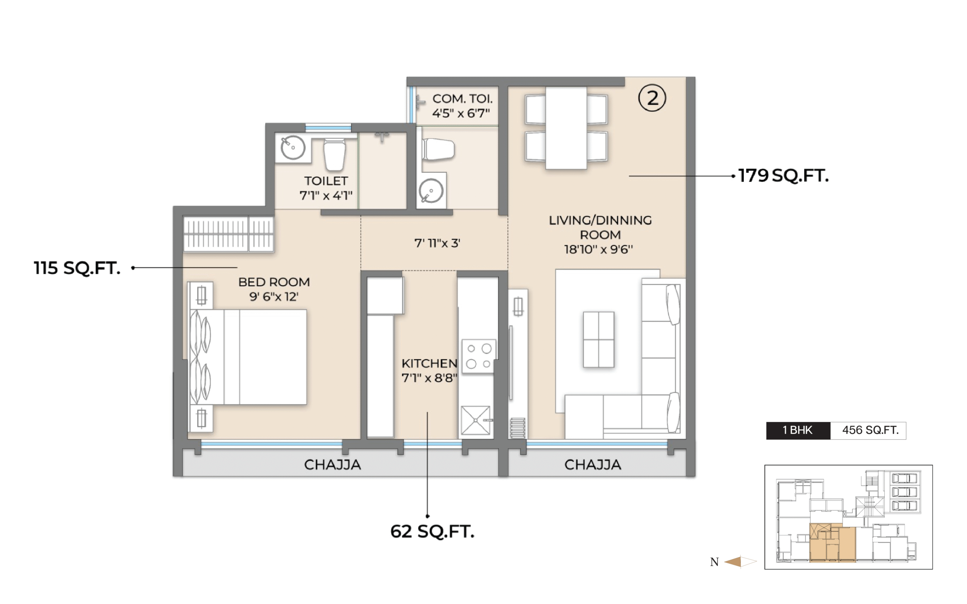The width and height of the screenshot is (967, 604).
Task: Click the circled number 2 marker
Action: coord(652,98)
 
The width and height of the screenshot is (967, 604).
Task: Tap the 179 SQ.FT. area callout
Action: coord(783,176)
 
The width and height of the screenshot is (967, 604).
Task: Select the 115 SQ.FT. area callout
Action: coord(77,268)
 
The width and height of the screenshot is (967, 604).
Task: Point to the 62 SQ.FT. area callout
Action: coord(433,531)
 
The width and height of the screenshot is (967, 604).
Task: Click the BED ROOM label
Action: coord(274,282)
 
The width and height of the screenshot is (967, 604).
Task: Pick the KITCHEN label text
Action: coord(429,364)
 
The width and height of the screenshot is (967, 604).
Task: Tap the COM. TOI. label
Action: coord(462,99)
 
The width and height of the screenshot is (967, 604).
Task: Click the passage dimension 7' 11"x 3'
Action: coord(437,243)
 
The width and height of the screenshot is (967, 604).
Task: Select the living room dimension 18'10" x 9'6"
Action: coord(599,250)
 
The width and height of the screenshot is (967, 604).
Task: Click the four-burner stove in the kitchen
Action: coord(479,356)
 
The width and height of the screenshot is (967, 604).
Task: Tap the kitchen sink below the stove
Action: coord(476,420)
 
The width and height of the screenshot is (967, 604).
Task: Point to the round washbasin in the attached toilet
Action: coord(293,148)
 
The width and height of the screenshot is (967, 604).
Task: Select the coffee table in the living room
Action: coord(599,339)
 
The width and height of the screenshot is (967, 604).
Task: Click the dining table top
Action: coord(566,128)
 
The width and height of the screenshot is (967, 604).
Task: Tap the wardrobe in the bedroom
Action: coord(229,234)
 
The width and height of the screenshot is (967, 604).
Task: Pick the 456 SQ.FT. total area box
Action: coord(868,431)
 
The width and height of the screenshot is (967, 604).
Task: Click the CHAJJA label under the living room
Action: coord(593,465)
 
